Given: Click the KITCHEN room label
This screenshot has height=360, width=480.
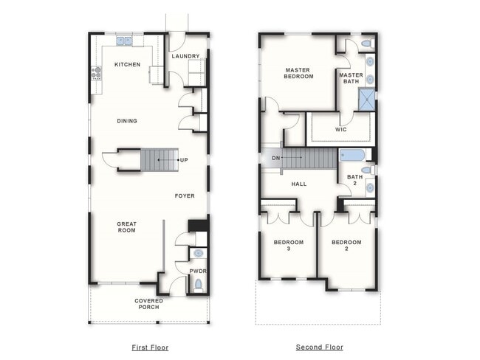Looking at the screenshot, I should point(127,65).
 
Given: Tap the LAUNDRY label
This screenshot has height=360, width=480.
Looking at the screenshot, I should point(185,56).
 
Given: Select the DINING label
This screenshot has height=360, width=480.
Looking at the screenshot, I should point(127,121).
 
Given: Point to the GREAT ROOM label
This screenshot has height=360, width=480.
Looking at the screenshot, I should point(127,226).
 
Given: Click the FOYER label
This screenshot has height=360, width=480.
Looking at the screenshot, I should point(185,196).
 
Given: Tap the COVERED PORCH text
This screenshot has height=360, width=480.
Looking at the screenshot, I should point(149,304).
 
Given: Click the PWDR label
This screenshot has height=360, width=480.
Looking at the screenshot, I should point(197,271).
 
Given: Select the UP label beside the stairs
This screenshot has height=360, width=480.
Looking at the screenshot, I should point(184,159).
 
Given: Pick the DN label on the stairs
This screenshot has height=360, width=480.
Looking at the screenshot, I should point(275,158).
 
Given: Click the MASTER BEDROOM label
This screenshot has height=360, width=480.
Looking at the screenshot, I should point(299,73).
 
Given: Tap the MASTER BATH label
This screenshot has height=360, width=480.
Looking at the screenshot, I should point(351,78).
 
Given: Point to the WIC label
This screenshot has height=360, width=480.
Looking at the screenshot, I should point(340,129).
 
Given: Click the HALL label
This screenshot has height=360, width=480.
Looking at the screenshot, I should point(299,184).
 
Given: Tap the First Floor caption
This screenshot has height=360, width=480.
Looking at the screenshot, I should point(149,347).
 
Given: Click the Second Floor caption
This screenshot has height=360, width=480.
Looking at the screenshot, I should point(319,347).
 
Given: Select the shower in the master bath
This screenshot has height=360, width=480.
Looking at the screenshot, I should point(366,100).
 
